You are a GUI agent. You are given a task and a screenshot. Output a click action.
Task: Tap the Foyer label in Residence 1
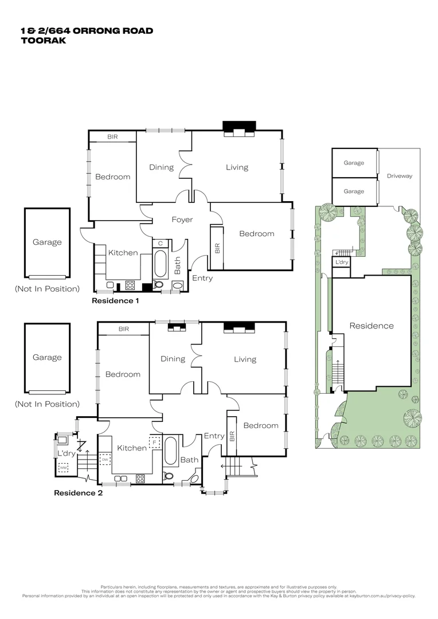coord(182,220)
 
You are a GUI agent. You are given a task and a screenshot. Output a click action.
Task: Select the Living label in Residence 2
coord(245,359)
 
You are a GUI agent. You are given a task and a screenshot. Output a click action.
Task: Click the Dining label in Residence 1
coord(161,167)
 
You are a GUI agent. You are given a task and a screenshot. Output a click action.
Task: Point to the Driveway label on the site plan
coord(399,176)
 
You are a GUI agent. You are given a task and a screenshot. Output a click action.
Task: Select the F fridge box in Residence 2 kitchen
coord(155,442)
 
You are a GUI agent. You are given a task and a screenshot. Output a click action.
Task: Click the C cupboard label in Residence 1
coord(161,244)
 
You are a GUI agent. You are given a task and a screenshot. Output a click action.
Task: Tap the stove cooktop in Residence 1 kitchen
coord(130,285)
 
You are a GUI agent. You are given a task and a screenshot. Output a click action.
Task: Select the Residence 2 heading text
coord(78,492)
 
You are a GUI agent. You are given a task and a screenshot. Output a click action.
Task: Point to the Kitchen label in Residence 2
coord(132,448)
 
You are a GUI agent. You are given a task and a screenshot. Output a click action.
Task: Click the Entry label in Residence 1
coord(202,278)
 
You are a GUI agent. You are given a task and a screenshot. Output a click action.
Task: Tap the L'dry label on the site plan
coord(342,262)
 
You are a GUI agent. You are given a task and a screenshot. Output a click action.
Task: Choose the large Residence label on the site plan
coord(371,326)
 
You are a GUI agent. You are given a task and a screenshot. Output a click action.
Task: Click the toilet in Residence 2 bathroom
coord(168,475)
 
